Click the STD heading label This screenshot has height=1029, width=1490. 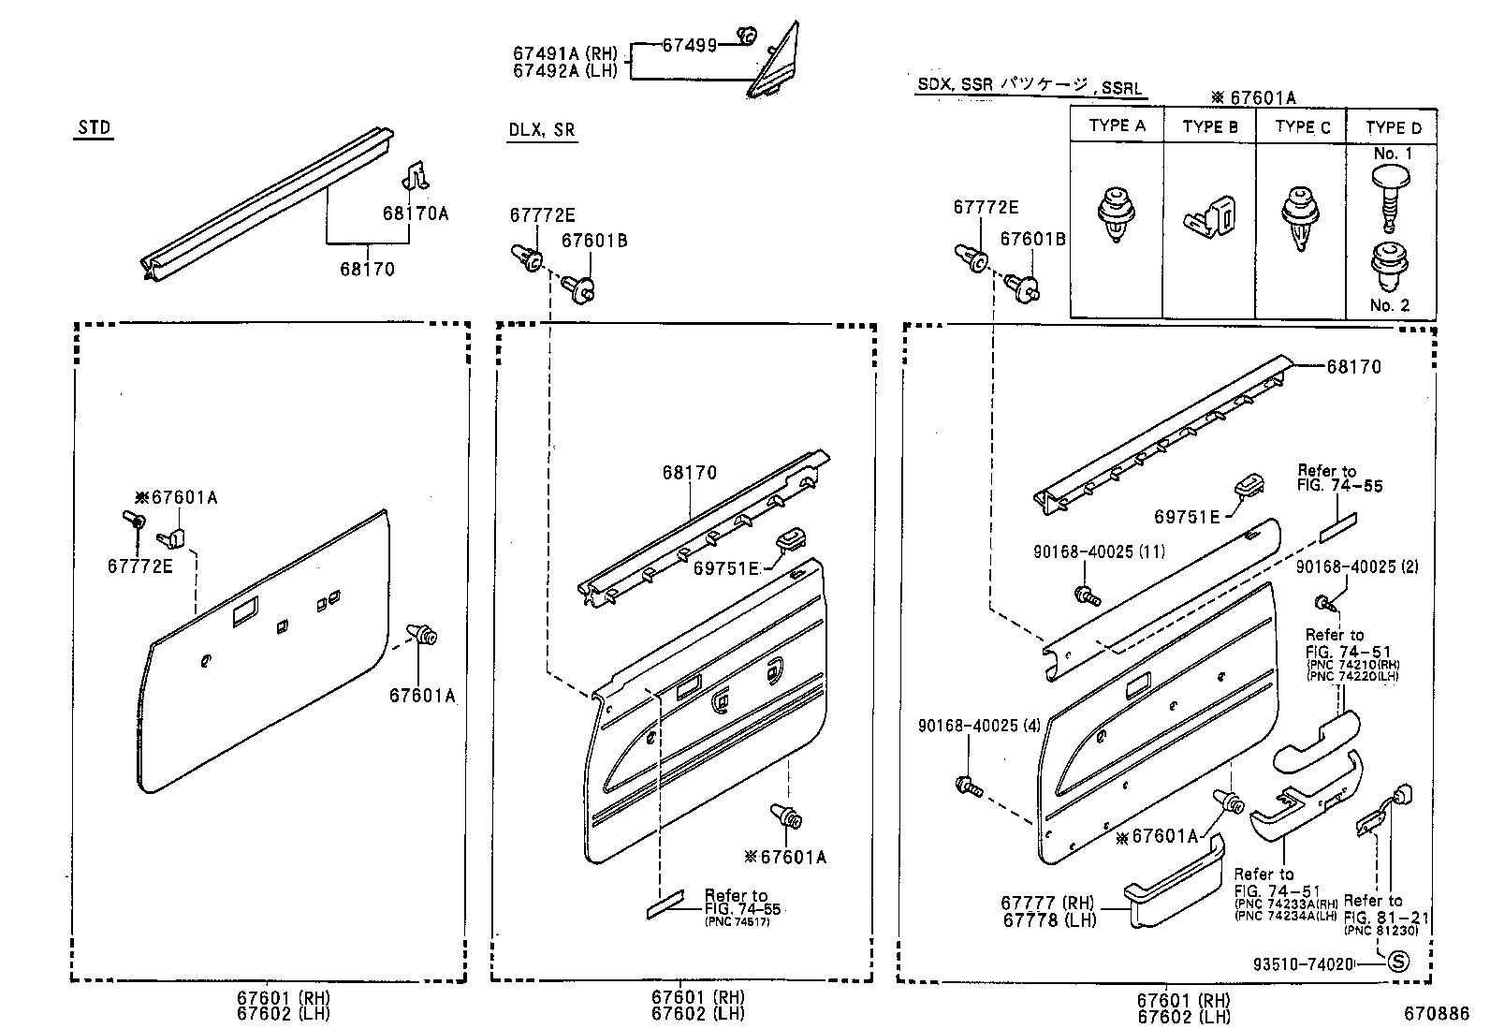(94, 128)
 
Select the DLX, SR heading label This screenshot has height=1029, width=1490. (541, 130)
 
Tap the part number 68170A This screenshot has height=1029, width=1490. (415, 213)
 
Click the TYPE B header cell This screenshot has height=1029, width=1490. (1209, 126)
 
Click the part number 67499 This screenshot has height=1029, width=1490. (689, 44)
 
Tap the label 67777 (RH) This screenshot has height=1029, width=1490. (1046, 903)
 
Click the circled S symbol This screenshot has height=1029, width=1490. (1396, 961)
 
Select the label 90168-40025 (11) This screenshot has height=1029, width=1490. (1099, 552)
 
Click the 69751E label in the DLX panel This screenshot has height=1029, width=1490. (726, 567)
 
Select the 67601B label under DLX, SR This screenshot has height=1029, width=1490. (593, 241)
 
